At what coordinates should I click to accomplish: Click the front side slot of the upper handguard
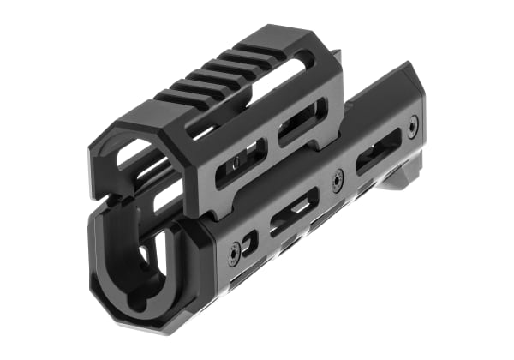pyautogui.click(x=241, y=163)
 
